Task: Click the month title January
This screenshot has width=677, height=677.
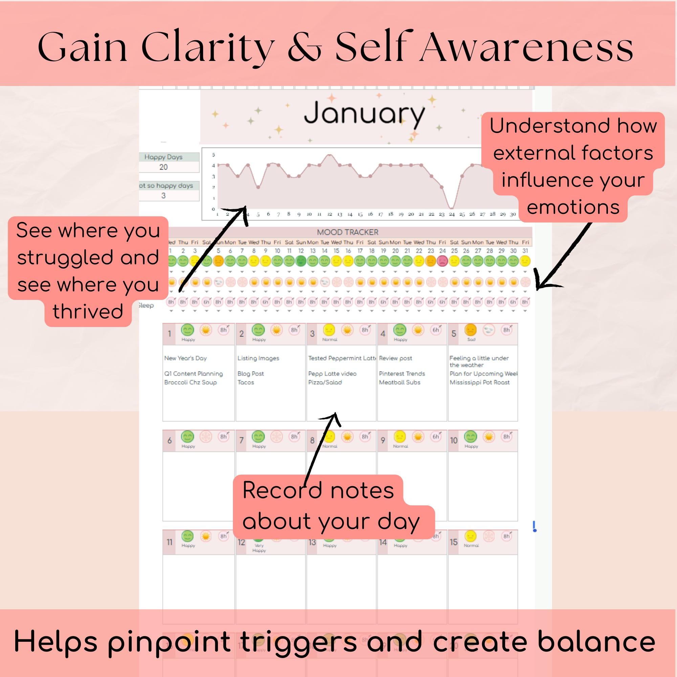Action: (x=364, y=113)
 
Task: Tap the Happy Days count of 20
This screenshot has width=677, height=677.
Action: (x=163, y=167)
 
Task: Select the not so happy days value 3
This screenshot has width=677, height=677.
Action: (x=163, y=196)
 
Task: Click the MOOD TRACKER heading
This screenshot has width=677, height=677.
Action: (x=347, y=232)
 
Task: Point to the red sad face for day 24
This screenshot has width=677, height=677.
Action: (x=442, y=261)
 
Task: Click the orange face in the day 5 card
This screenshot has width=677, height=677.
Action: (x=470, y=330)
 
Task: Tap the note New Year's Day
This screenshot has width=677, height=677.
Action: (x=185, y=358)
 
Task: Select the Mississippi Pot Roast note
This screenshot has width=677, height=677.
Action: (x=479, y=382)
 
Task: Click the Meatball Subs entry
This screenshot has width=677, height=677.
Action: (x=399, y=382)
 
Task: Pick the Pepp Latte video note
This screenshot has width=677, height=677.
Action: (x=332, y=374)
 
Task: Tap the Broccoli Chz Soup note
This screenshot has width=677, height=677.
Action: (x=190, y=382)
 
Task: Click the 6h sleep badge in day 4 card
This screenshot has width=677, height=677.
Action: (x=436, y=330)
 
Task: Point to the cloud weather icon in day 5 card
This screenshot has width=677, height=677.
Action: (x=488, y=330)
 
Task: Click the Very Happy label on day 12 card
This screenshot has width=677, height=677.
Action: (x=259, y=548)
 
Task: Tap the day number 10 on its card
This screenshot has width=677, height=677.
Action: (x=454, y=440)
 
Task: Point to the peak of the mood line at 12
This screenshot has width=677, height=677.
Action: (x=329, y=155)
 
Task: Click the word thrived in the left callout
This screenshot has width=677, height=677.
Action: (x=88, y=311)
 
